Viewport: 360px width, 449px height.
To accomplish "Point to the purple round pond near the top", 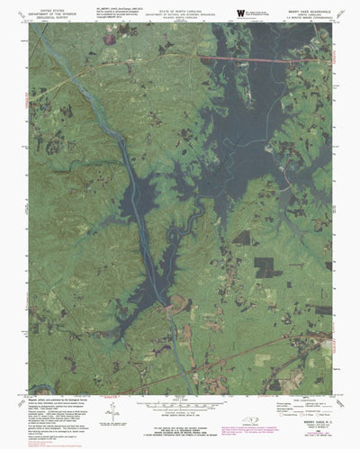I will click(x=109, y=39).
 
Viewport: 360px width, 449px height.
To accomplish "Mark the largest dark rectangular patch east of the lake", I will click(x=261, y=266).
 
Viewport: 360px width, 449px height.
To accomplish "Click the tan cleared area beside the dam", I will click(x=180, y=303).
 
